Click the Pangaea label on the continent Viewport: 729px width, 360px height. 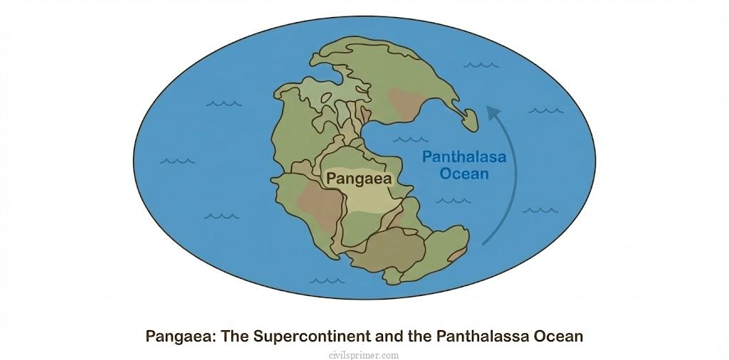tap(359, 179)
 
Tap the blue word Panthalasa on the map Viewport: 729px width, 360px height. tap(464, 157)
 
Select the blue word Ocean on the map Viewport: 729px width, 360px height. tap(464, 174)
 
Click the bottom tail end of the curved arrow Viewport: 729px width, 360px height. tap(484, 244)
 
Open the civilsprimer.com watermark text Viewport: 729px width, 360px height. tap(364, 354)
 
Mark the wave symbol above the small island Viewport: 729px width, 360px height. tap(477, 66)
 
